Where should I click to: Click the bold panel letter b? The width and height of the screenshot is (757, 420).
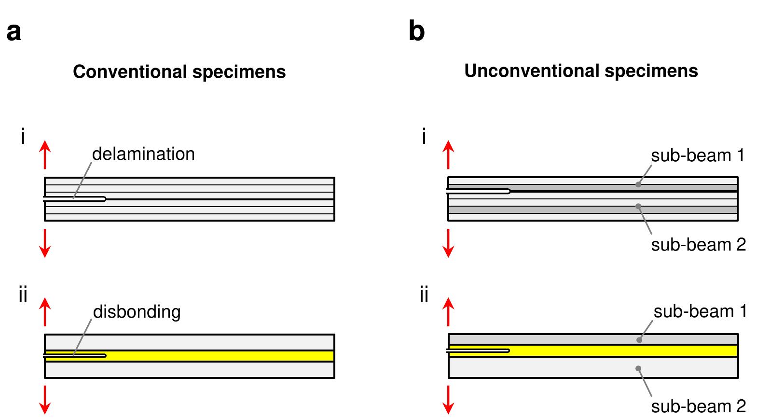[x=416, y=32]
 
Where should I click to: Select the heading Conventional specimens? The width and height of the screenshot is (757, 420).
[x=179, y=72]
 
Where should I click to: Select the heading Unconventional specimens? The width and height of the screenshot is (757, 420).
[x=581, y=71]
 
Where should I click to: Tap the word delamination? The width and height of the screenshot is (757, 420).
[x=143, y=154]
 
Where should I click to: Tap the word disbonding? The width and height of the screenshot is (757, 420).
[x=137, y=312]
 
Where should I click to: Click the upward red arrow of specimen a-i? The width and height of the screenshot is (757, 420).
[x=44, y=154]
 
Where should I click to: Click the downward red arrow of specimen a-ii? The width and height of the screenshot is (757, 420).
[x=44, y=400]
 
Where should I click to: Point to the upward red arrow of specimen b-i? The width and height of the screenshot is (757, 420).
[x=448, y=154]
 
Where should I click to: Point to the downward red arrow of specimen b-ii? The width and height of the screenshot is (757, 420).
[x=449, y=400]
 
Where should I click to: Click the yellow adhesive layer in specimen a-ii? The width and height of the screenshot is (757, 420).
[x=217, y=356]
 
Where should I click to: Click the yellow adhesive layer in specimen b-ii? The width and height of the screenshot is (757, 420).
[x=622, y=350]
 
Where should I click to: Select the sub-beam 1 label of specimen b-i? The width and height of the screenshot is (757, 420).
[x=698, y=156]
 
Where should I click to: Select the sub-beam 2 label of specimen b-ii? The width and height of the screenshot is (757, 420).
[x=698, y=406]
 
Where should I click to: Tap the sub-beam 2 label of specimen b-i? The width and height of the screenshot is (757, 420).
[x=698, y=245]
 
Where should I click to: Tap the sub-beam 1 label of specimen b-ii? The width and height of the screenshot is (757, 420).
[x=700, y=312]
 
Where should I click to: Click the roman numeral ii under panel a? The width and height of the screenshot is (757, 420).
[x=23, y=294]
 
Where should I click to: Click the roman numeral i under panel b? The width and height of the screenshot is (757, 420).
[x=424, y=138]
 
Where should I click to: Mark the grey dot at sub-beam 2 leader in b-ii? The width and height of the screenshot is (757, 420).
[x=638, y=368]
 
